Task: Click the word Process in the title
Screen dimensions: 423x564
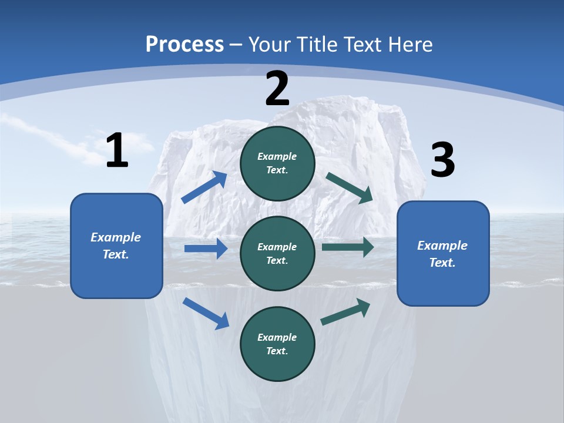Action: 184,45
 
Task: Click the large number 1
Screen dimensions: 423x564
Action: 117,151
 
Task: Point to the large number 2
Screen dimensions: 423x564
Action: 277,89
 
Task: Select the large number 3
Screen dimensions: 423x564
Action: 442,160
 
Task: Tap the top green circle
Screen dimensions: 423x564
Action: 277,163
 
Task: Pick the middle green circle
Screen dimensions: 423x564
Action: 277,253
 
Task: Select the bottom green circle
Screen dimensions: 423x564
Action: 277,344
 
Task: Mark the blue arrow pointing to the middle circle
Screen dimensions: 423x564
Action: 206,249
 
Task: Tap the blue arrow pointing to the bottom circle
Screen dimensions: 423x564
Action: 206,313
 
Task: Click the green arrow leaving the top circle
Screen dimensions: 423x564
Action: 350,188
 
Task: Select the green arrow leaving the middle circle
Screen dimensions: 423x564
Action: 348,247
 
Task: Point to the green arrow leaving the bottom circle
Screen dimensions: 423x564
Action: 345,312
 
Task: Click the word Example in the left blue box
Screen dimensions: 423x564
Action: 116,237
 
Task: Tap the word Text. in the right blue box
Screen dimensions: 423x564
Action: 442,263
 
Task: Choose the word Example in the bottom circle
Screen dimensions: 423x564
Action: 277,337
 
